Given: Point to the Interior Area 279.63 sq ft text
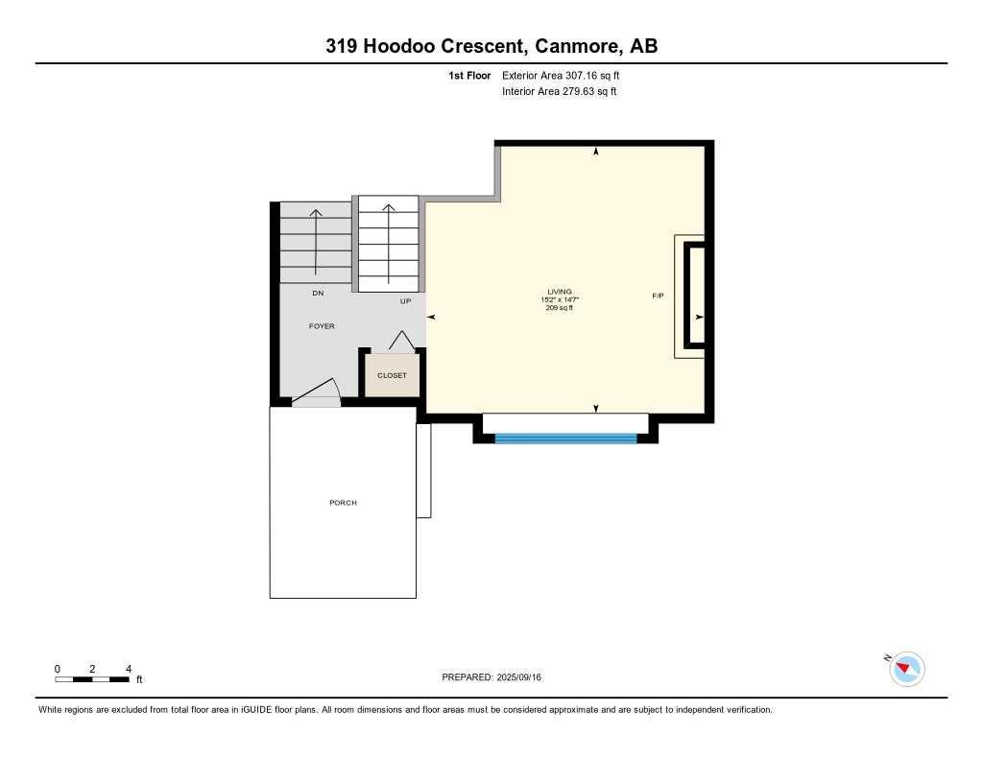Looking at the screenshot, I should pos(559,92).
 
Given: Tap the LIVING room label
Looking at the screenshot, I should pos(560,292).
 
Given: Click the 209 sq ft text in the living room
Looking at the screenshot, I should pos(560,308).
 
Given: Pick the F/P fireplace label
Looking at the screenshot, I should pos(658,296).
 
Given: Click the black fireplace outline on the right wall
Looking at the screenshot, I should pos(694,296).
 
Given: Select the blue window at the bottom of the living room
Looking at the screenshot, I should pos(565,439).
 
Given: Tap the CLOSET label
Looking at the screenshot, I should pos(392,375).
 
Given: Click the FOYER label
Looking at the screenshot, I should pos(322,326).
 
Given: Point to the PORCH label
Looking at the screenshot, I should pos(343,503).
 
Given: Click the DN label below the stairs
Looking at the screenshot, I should pos(317,293).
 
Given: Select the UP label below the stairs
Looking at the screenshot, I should pos(405,301).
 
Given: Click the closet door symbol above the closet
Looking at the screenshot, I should pos(400,340).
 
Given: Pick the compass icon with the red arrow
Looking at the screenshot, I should pos(906,668).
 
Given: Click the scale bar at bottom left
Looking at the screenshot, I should pos(92,679).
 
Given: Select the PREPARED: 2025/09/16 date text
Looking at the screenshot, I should pos(491,677).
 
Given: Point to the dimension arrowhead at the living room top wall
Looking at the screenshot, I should pos(596,152).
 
